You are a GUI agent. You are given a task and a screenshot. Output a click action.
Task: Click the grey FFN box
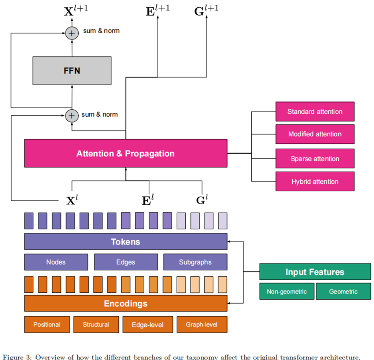(x=72, y=71)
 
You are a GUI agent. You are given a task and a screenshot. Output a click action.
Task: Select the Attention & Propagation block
(x=126, y=153)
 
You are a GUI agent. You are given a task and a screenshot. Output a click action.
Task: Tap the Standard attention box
(x=315, y=112)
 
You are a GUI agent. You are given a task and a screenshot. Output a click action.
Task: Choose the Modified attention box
(x=315, y=134)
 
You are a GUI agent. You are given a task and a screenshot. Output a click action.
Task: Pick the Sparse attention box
(x=315, y=159)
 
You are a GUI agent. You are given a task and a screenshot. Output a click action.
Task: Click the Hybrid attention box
(x=315, y=181)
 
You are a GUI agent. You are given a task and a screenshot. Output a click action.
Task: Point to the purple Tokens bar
(x=126, y=242)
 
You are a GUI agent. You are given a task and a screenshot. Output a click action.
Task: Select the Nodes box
(x=56, y=262)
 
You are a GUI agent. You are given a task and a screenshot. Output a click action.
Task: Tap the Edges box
(x=126, y=262)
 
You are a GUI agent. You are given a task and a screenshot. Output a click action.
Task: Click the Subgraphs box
(x=195, y=262)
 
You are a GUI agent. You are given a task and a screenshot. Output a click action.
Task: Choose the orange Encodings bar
(x=126, y=303)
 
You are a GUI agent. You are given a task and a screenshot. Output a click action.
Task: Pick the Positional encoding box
(x=47, y=325)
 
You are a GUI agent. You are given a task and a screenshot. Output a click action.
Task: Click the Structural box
(x=96, y=325)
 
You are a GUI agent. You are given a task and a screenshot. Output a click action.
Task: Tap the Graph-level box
(x=202, y=325)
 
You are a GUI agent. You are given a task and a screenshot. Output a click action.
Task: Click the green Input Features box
(x=315, y=272)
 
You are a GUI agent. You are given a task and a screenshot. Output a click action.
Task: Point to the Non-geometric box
(x=287, y=292)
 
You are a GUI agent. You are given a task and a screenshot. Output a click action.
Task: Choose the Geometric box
(x=343, y=292)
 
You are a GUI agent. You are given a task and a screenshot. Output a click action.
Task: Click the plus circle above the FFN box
(x=72, y=33)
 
